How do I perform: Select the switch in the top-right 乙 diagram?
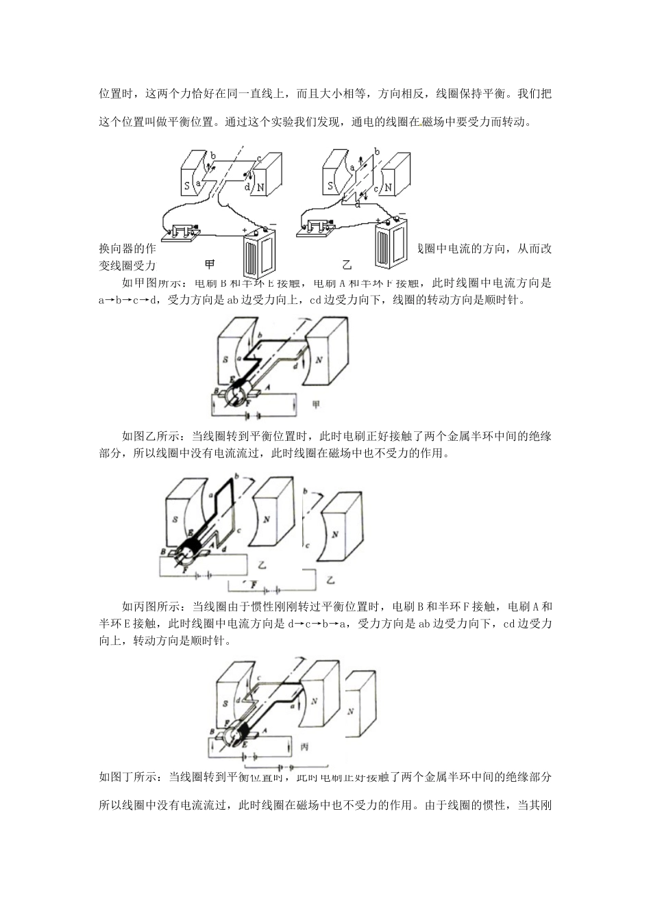tap(318, 227)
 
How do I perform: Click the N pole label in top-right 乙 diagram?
tap(388, 186)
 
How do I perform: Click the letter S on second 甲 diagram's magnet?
tap(225, 360)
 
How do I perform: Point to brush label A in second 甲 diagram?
tap(267, 386)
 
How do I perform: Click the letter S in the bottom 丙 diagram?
tap(225, 702)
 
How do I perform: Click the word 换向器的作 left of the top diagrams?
tap(130, 248)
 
